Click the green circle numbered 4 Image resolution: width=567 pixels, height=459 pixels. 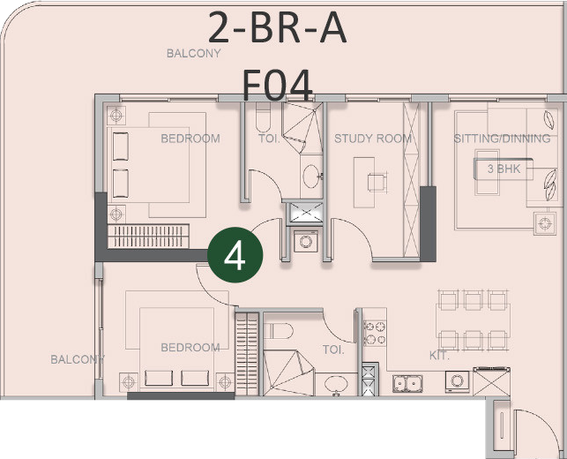(x=235, y=255)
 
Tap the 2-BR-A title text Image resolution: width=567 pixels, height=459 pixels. (x=278, y=28)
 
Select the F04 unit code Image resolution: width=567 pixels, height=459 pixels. (x=277, y=85)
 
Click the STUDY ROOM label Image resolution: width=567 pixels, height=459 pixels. (x=373, y=139)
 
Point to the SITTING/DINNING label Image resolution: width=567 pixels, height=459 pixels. (x=502, y=139)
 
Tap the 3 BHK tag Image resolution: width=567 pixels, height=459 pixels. (x=504, y=169)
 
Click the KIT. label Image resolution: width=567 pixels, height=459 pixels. (x=439, y=356)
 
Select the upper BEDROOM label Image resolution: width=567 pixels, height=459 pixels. (x=190, y=139)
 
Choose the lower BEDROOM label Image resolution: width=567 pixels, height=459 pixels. (x=190, y=348)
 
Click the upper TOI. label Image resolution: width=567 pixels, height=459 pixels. (x=269, y=139)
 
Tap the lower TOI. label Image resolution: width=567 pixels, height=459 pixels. (x=333, y=350)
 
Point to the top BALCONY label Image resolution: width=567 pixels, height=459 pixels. (x=193, y=54)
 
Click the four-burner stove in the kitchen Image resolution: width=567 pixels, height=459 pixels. (x=375, y=333)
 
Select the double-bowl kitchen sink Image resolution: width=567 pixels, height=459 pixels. (x=407, y=383)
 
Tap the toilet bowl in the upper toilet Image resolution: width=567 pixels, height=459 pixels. (x=263, y=117)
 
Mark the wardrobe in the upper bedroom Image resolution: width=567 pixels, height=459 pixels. (x=148, y=237)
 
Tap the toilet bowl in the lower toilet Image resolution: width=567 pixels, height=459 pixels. (x=279, y=331)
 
